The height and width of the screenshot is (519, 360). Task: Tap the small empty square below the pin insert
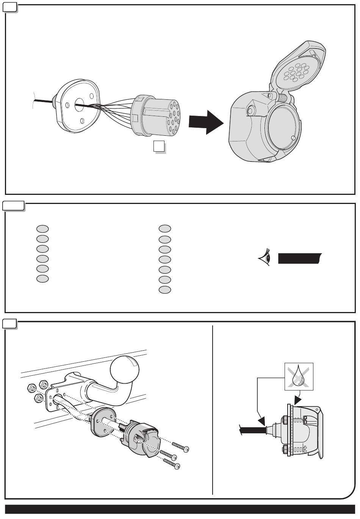coord(159,146)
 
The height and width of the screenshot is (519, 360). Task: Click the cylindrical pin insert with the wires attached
coord(155,115)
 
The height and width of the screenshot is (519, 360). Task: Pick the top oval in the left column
coord(42,229)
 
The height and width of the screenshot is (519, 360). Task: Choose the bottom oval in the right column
coord(165,290)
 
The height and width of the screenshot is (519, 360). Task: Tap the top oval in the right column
coord(165,229)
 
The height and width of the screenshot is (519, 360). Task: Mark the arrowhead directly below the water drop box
coord(297,400)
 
